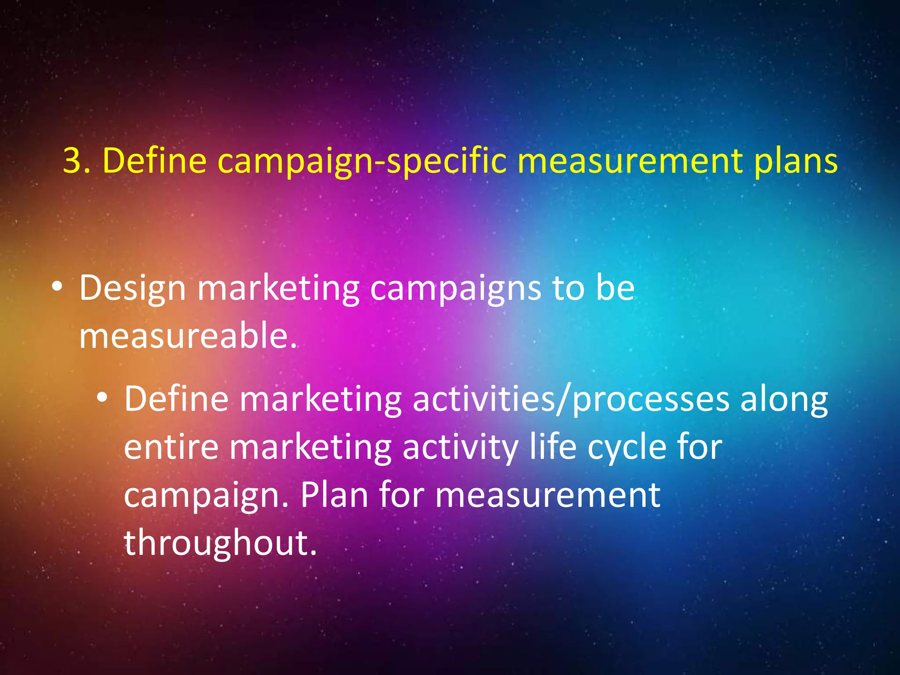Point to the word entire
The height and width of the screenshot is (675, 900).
(171, 447)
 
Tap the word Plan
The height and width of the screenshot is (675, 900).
(334, 495)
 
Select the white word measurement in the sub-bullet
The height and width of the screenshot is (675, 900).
(548, 495)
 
